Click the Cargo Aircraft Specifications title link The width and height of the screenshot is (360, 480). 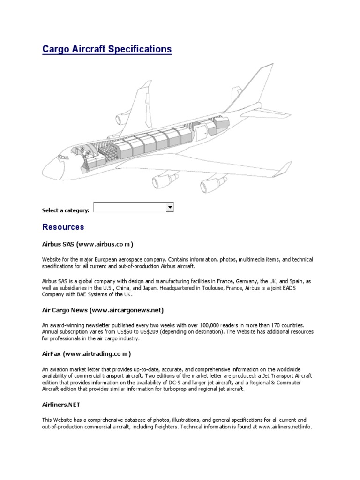[107, 49]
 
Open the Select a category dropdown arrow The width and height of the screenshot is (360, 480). [170, 207]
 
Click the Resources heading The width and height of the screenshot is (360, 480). [63, 227]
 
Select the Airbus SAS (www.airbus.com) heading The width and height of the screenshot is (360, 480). [88, 244]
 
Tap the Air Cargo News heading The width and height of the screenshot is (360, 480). [103, 310]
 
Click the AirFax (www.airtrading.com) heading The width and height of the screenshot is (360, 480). [86, 353]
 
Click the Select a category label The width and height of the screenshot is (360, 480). [65, 210]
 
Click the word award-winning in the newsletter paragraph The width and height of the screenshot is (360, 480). [67, 325]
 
